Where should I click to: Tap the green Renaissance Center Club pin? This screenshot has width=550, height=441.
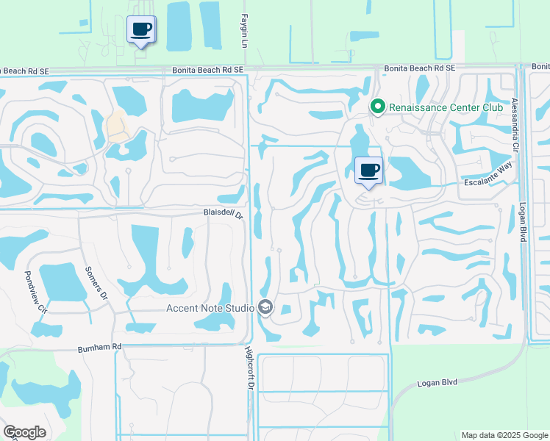(x=378, y=107)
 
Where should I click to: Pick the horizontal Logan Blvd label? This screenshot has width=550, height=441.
(x=438, y=383)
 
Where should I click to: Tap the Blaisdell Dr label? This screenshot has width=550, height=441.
(x=223, y=213)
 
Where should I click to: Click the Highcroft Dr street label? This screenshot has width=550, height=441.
(x=249, y=369)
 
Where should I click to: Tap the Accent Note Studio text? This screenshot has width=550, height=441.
(x=210, y=308)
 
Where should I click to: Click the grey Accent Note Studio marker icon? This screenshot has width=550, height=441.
(x=266, y=308)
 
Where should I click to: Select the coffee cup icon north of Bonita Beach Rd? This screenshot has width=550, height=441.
(x=141, y=29)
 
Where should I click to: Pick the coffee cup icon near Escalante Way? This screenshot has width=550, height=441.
(x=369, y=171)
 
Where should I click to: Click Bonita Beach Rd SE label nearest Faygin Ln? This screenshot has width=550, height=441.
(x=208, y=69)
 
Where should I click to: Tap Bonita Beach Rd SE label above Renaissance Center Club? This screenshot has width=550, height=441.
(x=420, y=68)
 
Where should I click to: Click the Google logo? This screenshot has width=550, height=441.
(x=24, y=432)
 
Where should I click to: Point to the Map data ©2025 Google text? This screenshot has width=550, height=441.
(x=504, y=435)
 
